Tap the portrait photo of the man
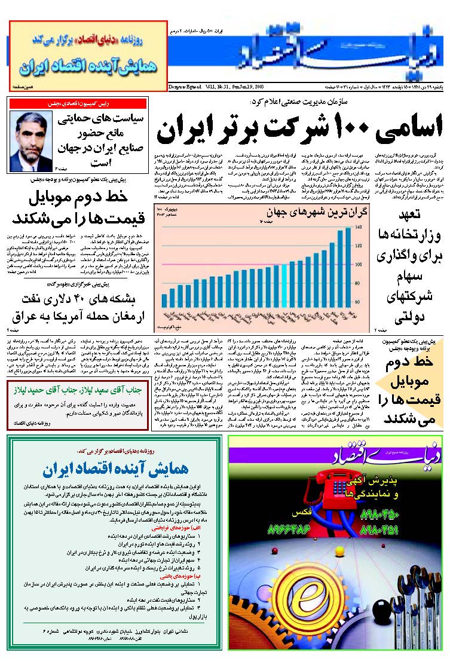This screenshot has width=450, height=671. pos(31,142)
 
